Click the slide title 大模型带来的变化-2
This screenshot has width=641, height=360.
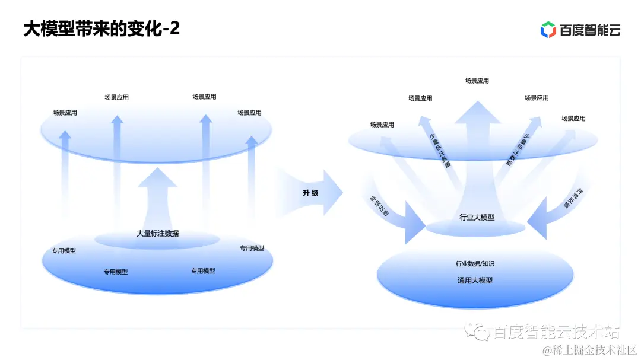tap(101, 28)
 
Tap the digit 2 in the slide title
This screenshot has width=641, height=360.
tap(174, 28)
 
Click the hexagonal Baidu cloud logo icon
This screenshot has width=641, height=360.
tap(547, 30)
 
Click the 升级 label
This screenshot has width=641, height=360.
tap(310, 193)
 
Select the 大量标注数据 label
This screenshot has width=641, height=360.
tap(157, 234)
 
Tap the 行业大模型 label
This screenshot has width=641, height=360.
tap(477, 218)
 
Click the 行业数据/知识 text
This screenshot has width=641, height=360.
tap(475, 263)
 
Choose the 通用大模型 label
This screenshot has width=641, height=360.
tap(475, 281)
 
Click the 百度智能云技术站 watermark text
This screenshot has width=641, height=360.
tap(556, 332)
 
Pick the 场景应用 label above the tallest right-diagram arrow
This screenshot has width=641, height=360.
tap(477, 81)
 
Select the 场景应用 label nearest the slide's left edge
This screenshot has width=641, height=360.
tap(65, 113)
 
